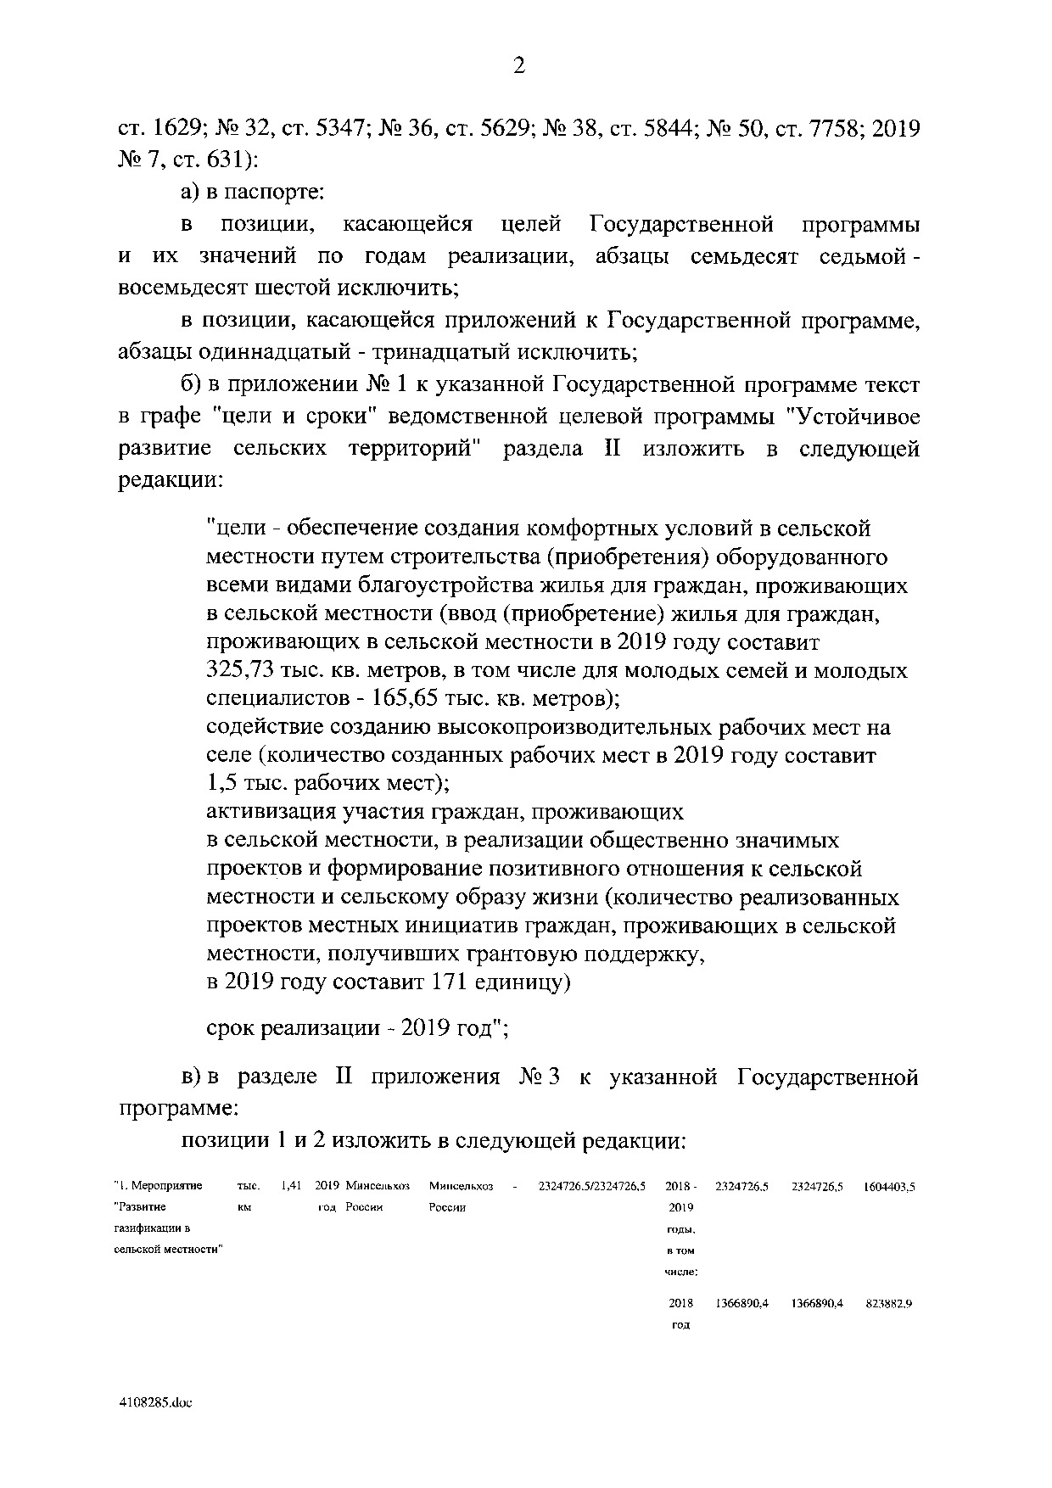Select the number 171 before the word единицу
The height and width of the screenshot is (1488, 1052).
coord(450,982)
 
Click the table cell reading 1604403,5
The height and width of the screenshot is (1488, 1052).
coord(889,1187)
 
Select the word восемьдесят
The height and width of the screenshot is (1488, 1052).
coord(182,288)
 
